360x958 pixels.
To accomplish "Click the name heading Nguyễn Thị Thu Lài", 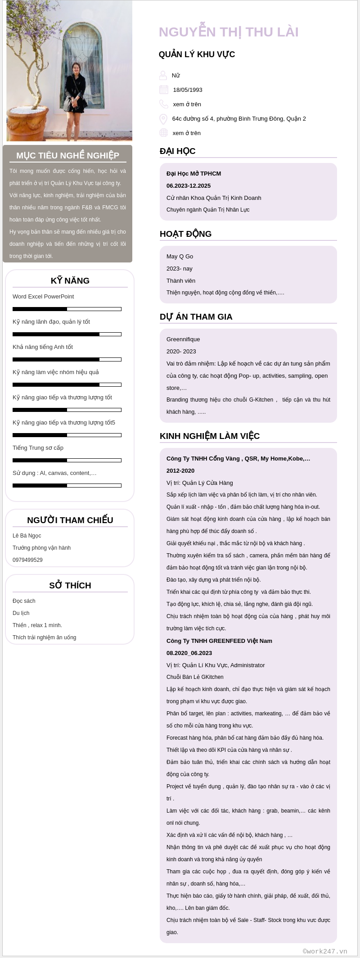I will (229, 32).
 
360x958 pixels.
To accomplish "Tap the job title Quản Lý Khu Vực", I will (197, 54).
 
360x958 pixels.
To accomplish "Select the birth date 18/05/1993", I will (188, 90).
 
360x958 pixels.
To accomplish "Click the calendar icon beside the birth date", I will (164, 90).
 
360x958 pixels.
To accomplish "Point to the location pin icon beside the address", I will (163, 119).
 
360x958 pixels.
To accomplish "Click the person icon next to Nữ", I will (163, 75).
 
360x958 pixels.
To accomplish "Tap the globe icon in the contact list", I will (164, 133).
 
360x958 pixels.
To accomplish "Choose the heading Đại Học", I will (177, 151).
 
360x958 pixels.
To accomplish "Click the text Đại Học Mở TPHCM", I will (193, 174).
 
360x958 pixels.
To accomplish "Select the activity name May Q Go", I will (180, 257).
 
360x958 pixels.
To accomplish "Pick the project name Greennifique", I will (183, 339).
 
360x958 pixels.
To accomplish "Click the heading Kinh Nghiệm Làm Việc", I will (210, 436).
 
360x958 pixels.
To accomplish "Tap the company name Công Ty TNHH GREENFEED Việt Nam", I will (219, 641).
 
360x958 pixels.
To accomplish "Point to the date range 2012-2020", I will (180, 471).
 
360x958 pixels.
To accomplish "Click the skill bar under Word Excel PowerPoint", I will (67, 309).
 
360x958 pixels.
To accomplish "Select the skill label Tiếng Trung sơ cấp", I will (38, 448).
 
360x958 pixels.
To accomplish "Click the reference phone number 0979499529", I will (27, 560).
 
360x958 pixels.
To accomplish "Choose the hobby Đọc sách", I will (24, 601).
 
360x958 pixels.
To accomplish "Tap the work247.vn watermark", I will (325, 951).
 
